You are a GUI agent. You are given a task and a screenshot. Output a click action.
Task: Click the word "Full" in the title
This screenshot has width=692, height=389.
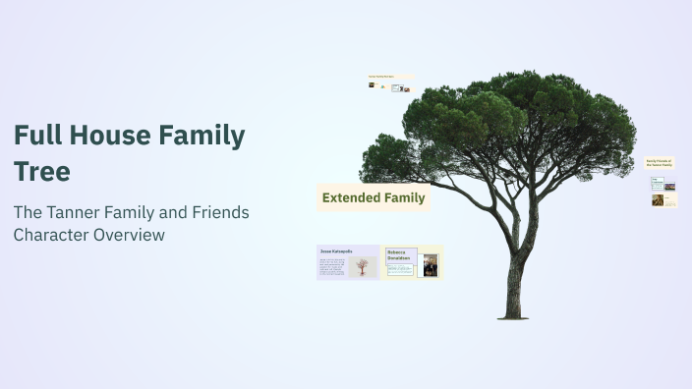36,137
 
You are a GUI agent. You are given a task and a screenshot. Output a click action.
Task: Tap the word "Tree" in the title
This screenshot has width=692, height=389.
41,172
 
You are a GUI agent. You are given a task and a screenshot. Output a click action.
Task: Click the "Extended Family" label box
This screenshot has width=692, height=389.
374,197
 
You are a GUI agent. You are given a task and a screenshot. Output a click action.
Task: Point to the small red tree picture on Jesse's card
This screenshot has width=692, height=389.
363,266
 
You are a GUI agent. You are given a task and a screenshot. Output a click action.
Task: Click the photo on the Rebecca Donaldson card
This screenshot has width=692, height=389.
431,265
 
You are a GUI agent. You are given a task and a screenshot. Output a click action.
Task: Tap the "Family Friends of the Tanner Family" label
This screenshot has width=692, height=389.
660,163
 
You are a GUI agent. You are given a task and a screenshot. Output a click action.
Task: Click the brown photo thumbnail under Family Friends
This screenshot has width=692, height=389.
658,200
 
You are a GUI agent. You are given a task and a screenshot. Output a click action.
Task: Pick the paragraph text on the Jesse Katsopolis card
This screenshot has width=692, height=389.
332,267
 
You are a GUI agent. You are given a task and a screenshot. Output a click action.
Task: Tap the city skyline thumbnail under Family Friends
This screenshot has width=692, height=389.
670,185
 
